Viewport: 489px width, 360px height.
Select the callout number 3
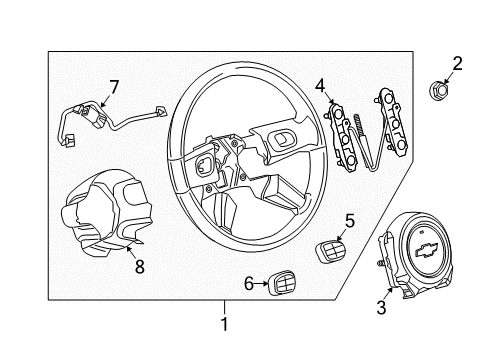click(380, 308)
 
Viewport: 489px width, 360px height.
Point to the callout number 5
click(349, 220)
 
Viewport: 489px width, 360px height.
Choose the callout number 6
click(247, 285)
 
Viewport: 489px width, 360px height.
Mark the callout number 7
click(114, 87)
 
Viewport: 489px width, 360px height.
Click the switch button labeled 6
click(280, 287)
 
